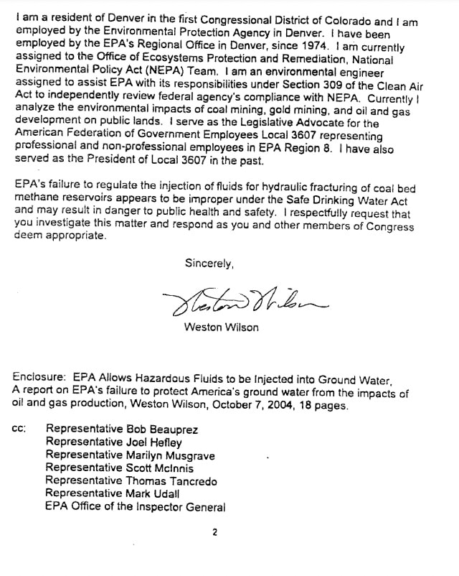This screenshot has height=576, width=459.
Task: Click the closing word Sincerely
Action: pos(209,263)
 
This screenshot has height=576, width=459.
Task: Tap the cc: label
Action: pos(20,430)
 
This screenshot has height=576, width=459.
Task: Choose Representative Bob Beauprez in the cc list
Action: pos(122,430)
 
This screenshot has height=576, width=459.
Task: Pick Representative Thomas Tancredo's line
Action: pos(131,481)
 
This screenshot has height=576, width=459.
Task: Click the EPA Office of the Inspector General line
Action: pos(135,507)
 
